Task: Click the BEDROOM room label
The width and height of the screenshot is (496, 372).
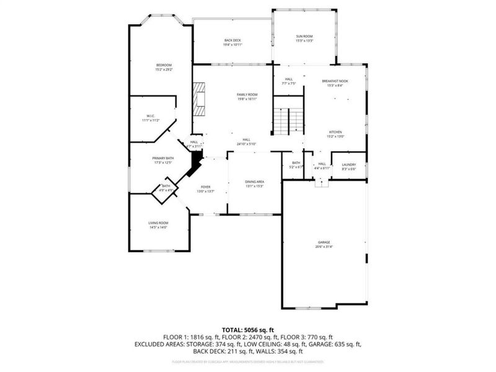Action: click(164, 65)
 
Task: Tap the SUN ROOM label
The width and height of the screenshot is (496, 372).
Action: click(304, 37)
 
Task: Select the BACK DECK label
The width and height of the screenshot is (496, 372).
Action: click(233, 41)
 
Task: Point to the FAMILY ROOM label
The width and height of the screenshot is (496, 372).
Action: click(247, 94)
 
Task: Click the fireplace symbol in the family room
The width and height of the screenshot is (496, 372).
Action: click(198, 99)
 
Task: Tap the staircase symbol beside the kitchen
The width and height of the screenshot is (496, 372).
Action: click(289, 120)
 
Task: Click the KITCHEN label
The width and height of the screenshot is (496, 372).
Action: click(335, 132)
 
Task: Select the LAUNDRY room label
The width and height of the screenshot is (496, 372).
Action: click(348, 164)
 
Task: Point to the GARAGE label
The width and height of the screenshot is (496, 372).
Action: click(324, 242)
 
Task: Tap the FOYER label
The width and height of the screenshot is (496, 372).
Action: click(205, 187)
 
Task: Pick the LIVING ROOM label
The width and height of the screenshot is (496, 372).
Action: click(158, 223)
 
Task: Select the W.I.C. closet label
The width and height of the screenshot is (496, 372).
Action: click(151, 115)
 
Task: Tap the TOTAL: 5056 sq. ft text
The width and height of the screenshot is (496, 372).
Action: click(247, 329)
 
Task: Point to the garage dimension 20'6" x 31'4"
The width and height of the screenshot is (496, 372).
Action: click(324, 247)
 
